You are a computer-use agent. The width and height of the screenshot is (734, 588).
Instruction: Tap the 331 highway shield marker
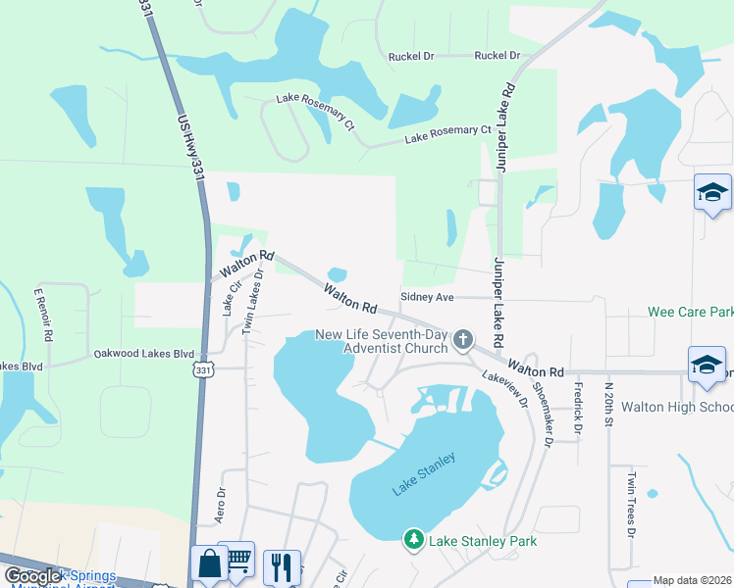tap(202, 368)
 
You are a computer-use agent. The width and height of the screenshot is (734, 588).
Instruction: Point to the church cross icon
tap(463, 341)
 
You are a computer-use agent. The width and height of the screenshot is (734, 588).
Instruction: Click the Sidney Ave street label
tap(427, 296)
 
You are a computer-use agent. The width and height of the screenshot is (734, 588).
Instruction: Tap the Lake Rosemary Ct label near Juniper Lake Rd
tap(447, 135)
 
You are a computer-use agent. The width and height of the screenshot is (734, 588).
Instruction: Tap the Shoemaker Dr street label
tap(542, 402)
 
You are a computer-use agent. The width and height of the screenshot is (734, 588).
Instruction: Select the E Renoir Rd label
tap(45, 315)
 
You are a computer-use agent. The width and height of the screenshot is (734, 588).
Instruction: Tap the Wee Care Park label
tap(691, 313)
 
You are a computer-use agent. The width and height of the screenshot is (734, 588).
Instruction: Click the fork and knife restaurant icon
tap(281, 565)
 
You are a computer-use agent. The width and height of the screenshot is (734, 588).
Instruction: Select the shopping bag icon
tap(209, 563)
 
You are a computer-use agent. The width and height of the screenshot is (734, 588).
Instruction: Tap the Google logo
tap(33, 575)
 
